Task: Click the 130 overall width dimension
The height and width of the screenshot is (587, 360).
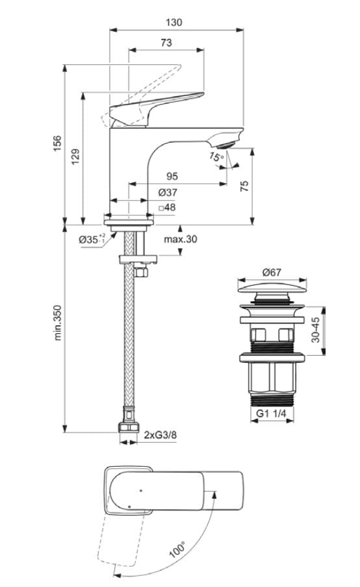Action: coord(174,22)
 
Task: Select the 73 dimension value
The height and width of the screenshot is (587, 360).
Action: coord(166,43)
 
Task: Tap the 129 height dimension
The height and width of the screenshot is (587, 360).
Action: coord(75,156)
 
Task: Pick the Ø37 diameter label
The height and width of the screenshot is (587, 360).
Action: coord(168,193)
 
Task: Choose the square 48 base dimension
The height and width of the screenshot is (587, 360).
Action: coord(167,208)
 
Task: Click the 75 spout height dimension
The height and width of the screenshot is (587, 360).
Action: coord(244,186)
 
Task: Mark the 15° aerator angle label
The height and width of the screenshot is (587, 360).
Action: coord(216,157)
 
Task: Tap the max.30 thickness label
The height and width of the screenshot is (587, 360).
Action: coord(180,239)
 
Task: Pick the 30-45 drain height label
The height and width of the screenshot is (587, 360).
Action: coord(315,330)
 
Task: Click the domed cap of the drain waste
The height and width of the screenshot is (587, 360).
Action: coord(272,288)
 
